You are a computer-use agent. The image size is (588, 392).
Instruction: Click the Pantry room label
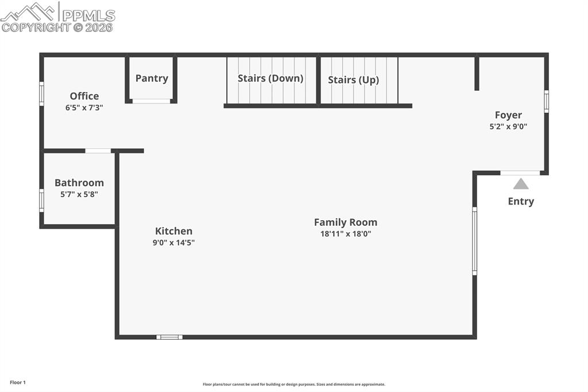[152, 78]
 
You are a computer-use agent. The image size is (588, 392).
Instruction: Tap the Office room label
[84, 96]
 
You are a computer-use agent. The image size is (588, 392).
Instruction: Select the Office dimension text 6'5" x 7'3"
[84, 107]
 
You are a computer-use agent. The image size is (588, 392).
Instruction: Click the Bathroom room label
[79, 183]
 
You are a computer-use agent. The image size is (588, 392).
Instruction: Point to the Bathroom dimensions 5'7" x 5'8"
[79, 194]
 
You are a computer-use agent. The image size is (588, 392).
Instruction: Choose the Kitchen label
[173, 231]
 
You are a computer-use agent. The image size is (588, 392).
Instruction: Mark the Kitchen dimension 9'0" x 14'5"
[173, 243]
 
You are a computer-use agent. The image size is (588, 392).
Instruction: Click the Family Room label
[346, 222]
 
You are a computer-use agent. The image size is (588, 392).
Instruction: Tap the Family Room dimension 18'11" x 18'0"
[346, 234]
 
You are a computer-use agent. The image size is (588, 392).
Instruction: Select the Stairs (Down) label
[270, 78]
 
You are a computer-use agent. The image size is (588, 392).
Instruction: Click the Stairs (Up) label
[353, 80]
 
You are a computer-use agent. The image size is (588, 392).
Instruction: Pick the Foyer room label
[508, 115]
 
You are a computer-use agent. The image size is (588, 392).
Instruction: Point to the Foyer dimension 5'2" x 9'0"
[508, 126]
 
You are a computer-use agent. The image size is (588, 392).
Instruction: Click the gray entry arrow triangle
[521, 184]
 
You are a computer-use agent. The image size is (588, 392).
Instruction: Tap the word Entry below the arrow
[521, 201]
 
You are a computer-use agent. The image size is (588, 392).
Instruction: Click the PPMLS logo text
[88, 16]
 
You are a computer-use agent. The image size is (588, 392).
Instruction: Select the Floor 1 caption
[18, 382]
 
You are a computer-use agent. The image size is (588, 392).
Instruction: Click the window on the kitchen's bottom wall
[169, 337]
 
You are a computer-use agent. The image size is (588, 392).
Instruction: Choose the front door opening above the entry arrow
[520, 172]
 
